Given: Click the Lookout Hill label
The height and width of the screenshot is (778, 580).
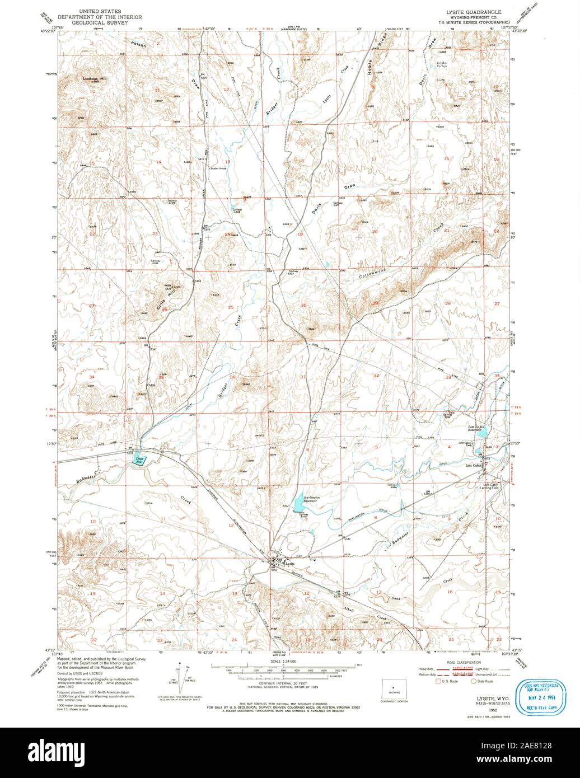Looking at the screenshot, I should [x=95, y=79].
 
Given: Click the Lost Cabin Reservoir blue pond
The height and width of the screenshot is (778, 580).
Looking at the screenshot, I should [x=485, y=431].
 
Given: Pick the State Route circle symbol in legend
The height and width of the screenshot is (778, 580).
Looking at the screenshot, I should [x=474, y=681].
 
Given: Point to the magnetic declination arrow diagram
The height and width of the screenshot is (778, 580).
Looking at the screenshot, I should [x=181, y=677].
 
